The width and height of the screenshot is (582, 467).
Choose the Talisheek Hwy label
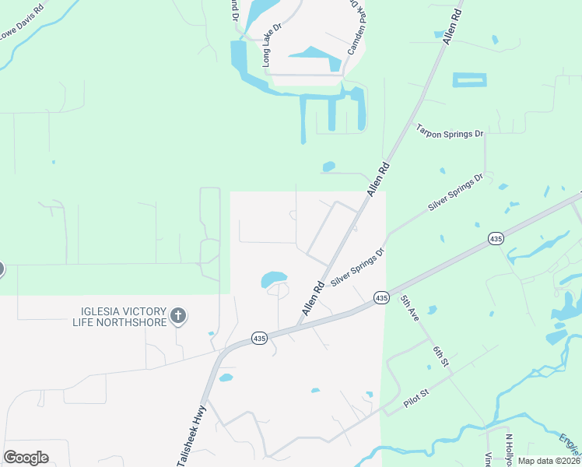point(193,434)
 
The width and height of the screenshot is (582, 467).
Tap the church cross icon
point(178,316)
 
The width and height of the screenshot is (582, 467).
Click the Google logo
point(26,458)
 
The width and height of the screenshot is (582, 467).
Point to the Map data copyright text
point(549,461)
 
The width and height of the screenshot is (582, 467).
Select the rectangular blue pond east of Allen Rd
point(469,79)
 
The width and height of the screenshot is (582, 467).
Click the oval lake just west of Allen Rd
point(274,279)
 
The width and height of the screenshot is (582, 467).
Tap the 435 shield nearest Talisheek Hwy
point(260,339)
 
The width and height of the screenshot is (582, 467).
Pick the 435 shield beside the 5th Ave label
point(380,298)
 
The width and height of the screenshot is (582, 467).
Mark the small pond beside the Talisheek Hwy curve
point(226,378)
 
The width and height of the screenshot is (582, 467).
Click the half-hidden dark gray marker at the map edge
point(1,269)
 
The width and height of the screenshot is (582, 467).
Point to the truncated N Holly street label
point(510,450)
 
